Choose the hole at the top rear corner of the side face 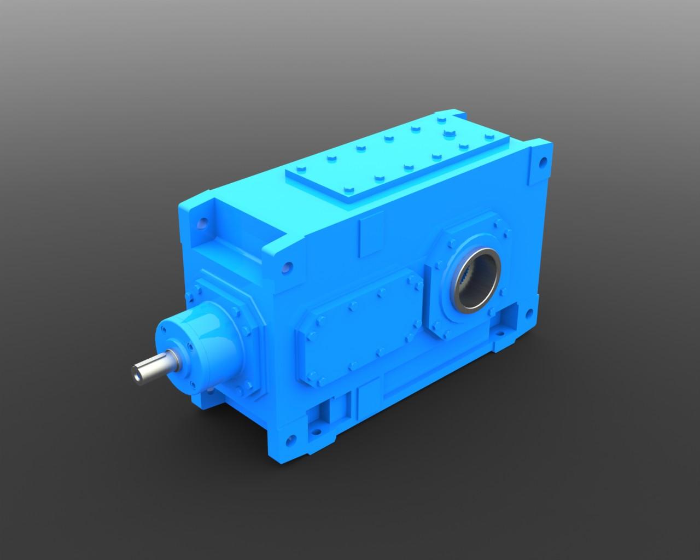pos(542,162)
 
